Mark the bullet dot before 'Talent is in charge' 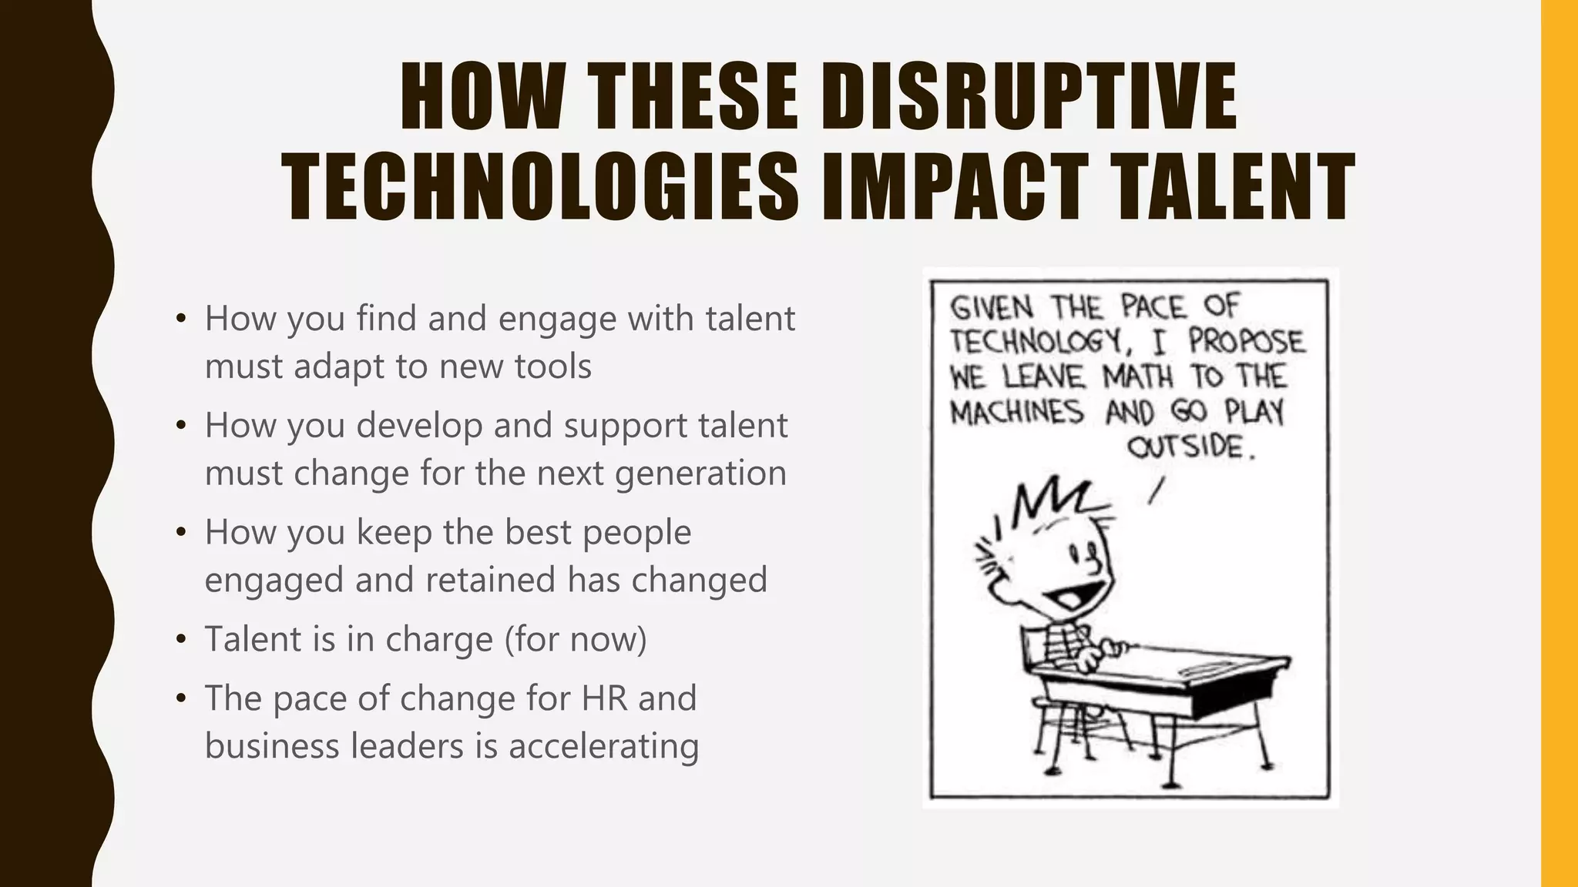181,639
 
